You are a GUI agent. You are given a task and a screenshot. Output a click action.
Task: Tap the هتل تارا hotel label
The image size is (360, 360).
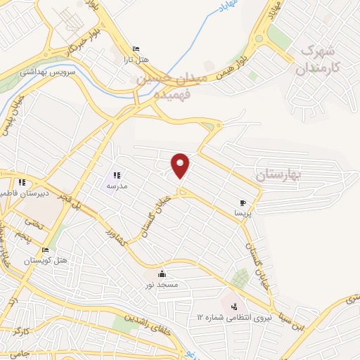(134, 60)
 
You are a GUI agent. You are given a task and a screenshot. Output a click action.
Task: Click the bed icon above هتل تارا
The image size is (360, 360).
(136, 49)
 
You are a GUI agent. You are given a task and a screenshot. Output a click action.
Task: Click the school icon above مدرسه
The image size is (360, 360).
(117, 175)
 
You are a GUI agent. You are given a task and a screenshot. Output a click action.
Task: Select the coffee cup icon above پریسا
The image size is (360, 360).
(243, 201)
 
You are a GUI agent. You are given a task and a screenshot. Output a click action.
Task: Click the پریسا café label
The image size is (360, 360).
(243, 212)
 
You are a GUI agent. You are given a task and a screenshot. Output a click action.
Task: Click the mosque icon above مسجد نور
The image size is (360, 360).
(163, 274)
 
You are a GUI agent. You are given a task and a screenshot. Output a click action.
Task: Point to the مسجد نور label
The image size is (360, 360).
(162, 285)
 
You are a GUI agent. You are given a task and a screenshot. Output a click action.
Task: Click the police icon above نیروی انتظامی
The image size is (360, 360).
(234, 307)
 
